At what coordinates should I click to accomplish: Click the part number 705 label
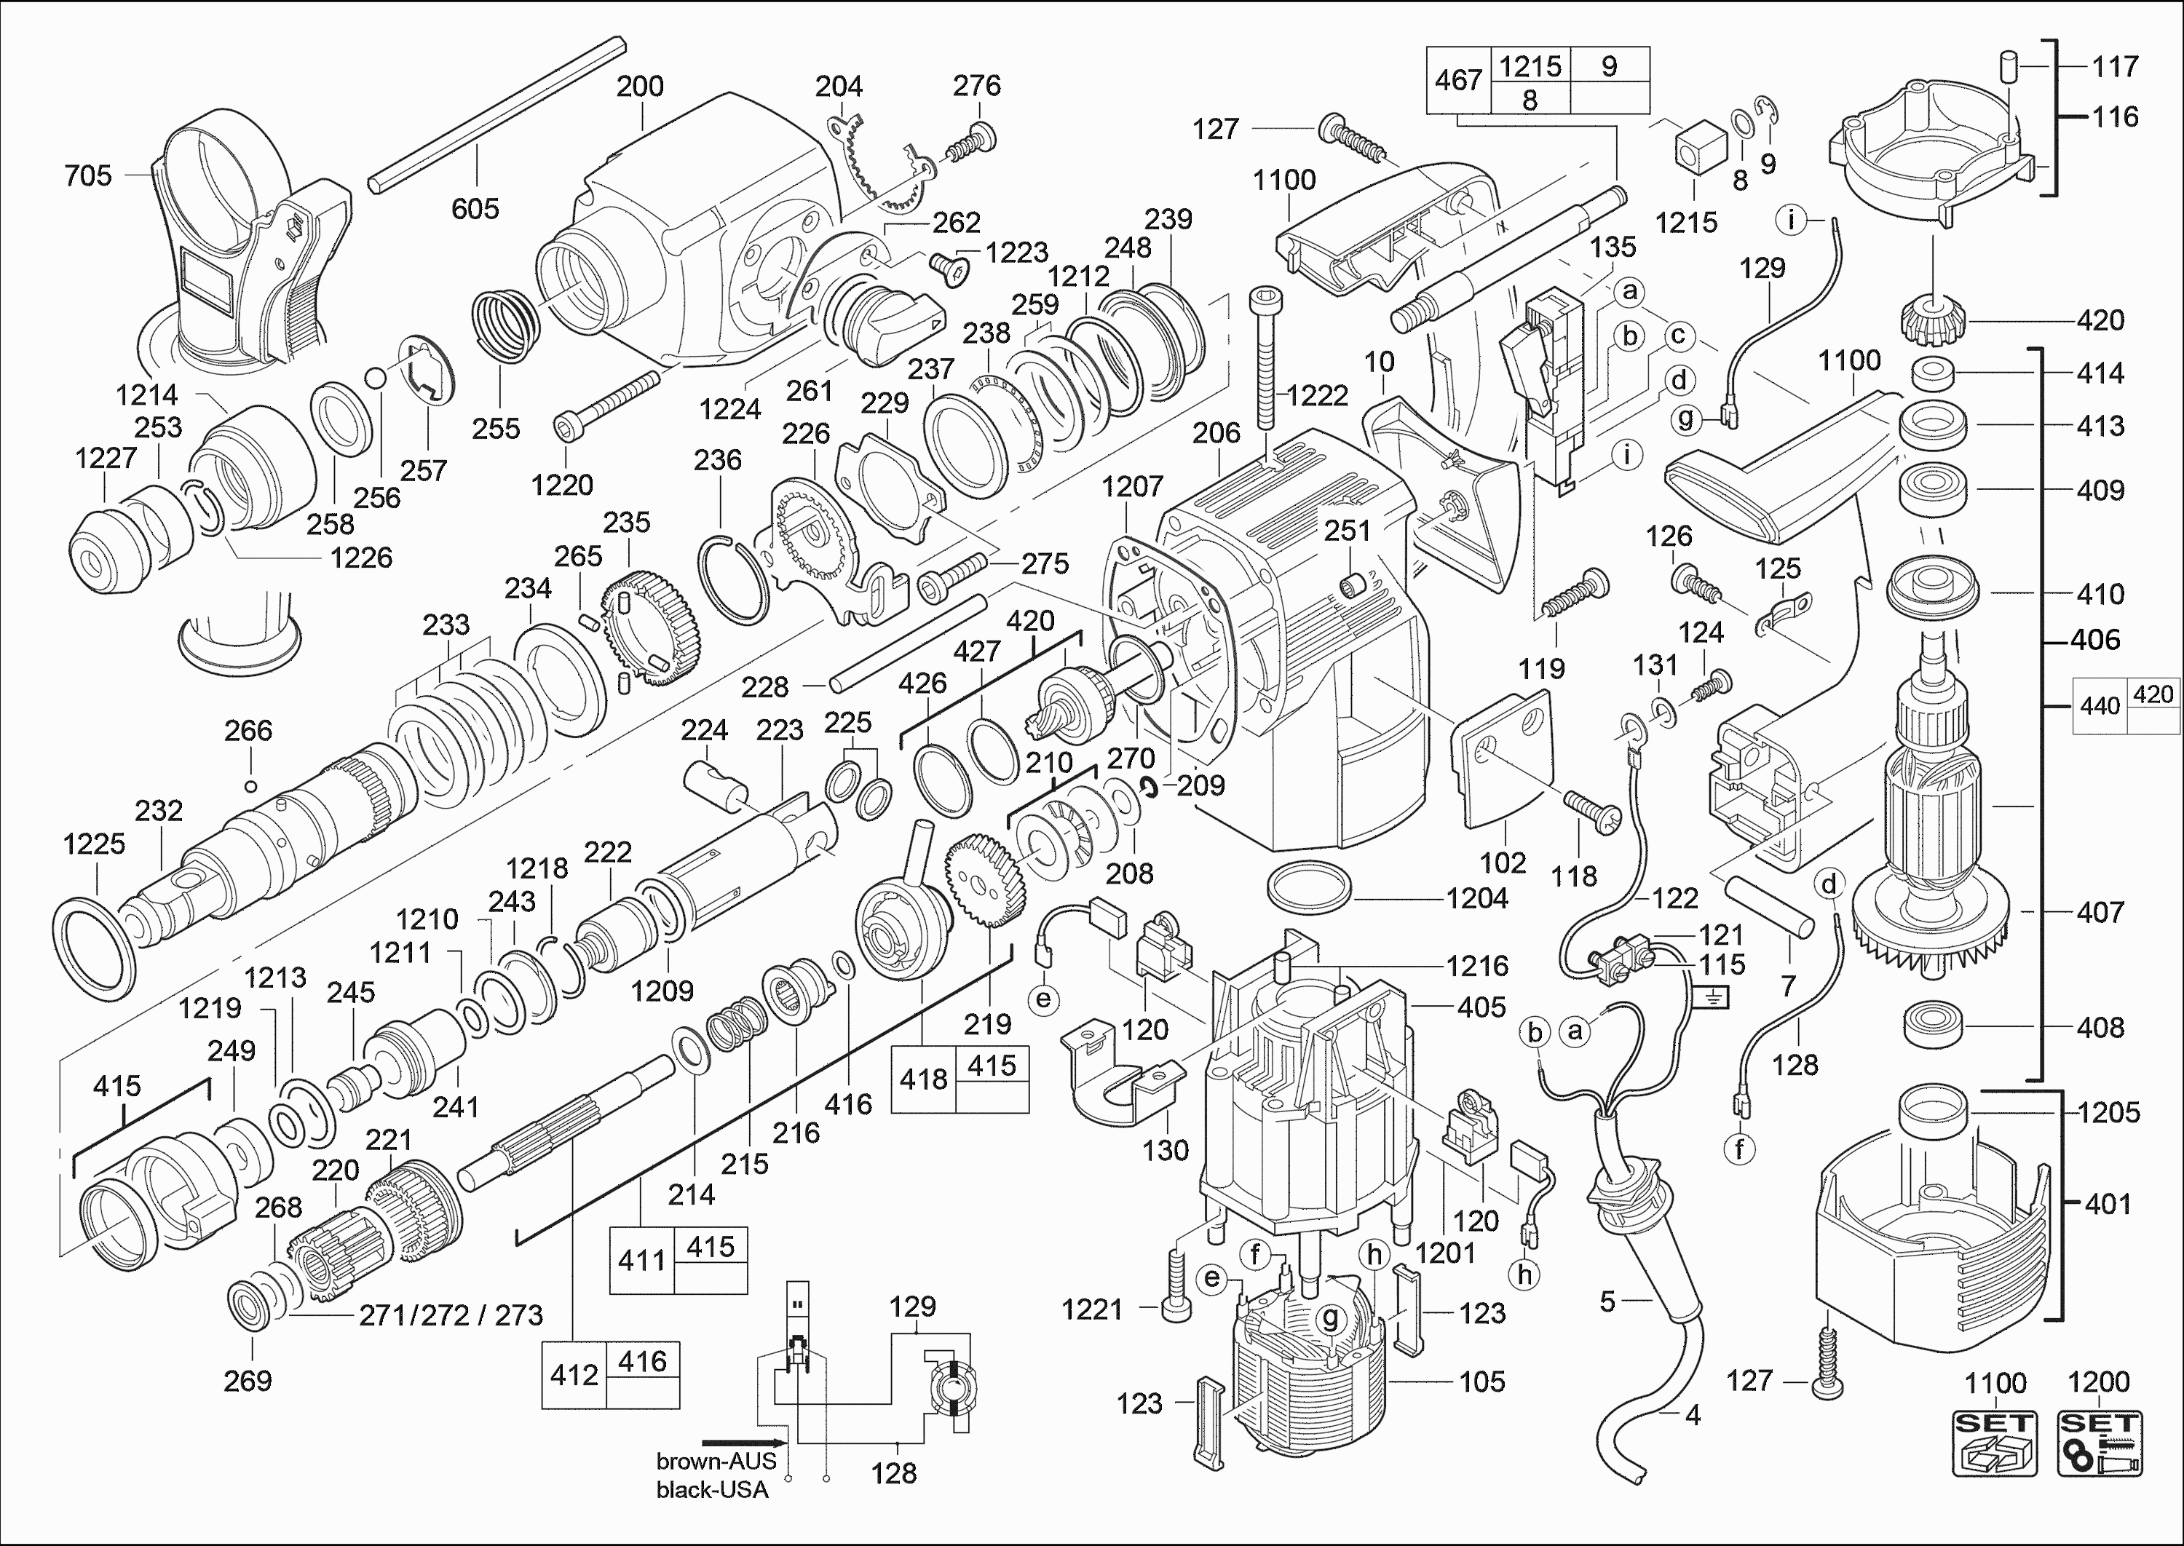pos(87,176)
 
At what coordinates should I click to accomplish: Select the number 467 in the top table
pos(1457,80)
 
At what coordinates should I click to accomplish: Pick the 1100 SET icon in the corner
pos(1995,1442)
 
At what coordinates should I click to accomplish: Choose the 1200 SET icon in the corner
pos(2100,1442)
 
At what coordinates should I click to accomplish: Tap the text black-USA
pos(712,1490)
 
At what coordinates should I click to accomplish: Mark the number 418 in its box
pos(924,1079)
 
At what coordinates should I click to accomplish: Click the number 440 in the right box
pos(2100,706)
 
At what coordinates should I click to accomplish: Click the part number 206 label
pos(1216,433)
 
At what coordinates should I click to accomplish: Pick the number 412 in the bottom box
pos(574,1376)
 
